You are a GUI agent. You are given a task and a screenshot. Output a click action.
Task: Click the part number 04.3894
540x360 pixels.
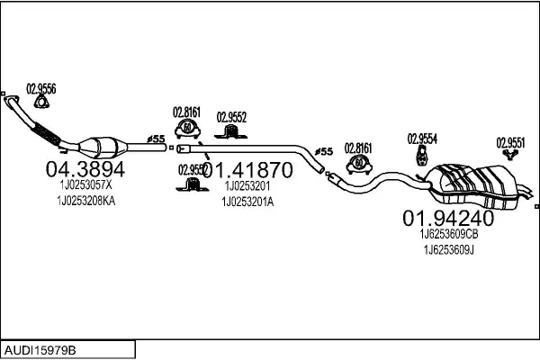point(85,168)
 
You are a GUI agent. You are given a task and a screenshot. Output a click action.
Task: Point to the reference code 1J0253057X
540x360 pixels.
point(85,185)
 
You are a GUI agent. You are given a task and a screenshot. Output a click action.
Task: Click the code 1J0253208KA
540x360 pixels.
point(85,202)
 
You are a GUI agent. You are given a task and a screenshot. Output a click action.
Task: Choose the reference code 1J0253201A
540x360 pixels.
point(247,202)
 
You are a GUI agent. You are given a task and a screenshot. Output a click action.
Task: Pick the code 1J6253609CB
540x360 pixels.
point(448,234)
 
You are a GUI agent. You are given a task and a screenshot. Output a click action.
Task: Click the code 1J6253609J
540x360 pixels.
point(448,249)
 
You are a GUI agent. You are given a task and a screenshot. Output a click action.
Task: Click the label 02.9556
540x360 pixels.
point(41,87)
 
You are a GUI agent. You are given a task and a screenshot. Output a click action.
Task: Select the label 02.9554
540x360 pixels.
point(422,138)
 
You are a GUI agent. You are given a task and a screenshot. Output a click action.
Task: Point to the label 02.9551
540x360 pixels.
point(511,141)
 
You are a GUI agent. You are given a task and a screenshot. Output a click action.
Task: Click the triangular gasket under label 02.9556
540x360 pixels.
point(40,108)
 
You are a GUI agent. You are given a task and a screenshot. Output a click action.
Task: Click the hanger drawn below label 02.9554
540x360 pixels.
point(420,157)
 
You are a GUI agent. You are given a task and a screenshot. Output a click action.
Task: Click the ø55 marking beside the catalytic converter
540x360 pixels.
point(155,138)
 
